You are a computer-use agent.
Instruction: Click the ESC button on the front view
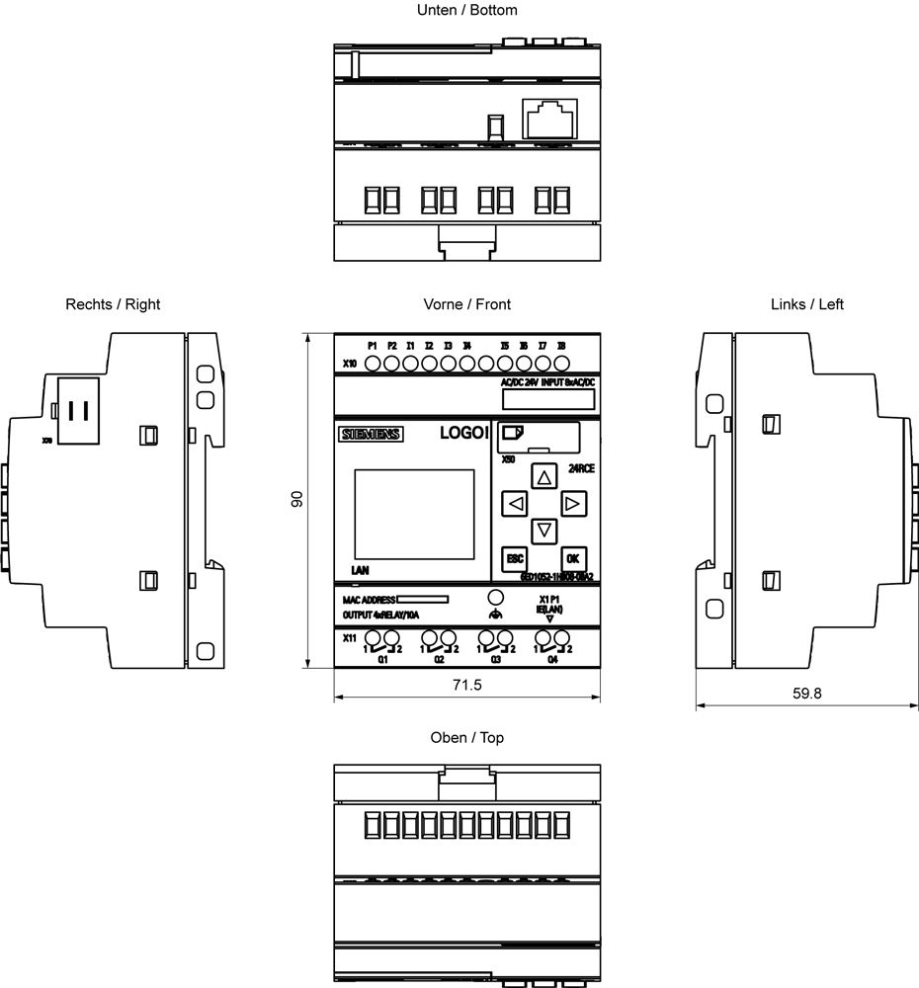515,557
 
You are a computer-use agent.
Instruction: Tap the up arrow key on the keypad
543,477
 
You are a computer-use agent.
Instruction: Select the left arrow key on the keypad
515,505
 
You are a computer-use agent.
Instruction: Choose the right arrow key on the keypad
571,505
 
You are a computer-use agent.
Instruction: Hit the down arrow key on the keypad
543,531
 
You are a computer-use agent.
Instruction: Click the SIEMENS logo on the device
371,435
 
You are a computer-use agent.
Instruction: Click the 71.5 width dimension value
465,685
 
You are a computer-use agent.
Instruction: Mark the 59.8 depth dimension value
806,693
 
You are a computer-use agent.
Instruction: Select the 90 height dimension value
295,500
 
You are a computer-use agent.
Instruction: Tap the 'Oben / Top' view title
467,738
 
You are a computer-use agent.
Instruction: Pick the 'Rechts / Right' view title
113,304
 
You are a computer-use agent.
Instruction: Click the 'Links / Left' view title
807,304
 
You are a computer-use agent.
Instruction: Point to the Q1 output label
382,660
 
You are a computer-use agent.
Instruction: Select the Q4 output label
552,660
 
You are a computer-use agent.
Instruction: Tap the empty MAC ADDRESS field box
423,599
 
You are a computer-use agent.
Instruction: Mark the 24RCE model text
581,468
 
